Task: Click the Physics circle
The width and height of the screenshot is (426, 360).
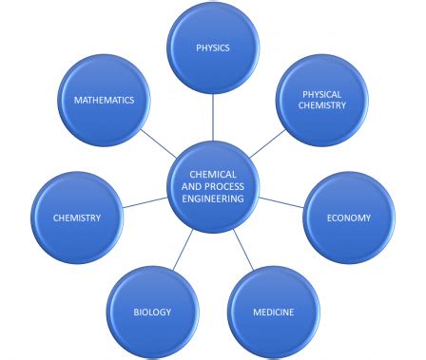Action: [212, 46]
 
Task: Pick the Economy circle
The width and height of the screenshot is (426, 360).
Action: [348, 218]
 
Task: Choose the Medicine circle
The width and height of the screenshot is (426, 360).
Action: [273, 312]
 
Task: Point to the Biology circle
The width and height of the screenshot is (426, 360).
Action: [153, 312]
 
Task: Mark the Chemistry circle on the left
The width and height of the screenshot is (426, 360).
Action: [77, 218]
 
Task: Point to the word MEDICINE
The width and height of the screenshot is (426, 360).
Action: [273, 313]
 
